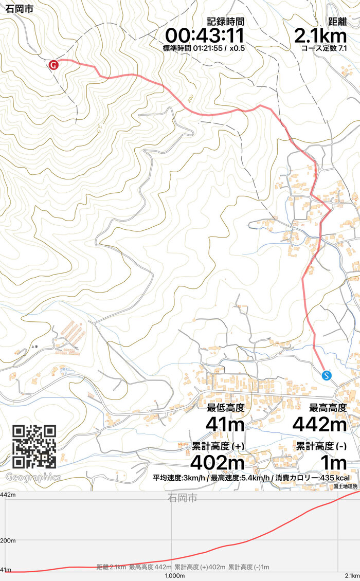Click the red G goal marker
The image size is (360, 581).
pos(53,65)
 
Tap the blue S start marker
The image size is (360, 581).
pos(326,375)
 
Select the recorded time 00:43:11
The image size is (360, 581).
pos(204,36)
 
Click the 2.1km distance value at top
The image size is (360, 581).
pos(320,36)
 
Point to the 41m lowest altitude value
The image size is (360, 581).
pos(225,424)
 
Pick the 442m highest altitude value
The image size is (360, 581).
pos(319,424)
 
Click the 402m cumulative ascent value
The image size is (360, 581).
pos(217,462)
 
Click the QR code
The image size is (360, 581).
pos(34,446)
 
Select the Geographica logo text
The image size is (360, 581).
pos(33,477)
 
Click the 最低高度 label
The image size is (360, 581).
pos(225,408)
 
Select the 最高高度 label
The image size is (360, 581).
pos(328,408)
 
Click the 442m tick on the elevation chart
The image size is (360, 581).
pos(8,495)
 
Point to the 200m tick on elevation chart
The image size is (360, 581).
pos(8,541)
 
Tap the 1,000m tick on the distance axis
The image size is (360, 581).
pos(174,576)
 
